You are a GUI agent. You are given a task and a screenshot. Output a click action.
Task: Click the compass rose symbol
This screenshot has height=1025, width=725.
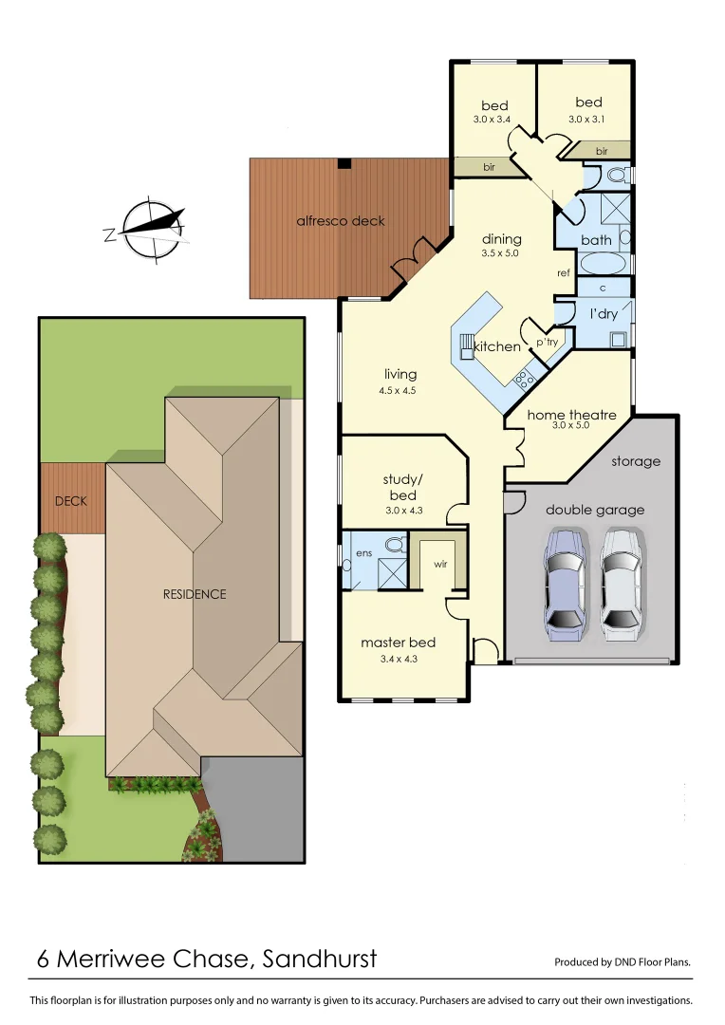[148, 229]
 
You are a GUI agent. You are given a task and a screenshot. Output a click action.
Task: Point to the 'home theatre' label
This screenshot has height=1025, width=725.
[571, 415]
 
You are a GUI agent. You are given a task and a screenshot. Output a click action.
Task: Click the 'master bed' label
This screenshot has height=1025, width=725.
[398, 643]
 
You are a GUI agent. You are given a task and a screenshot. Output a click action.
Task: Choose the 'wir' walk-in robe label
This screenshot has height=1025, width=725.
[440, 564]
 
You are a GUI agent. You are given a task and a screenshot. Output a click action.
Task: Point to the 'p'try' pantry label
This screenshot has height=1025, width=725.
[547, 342]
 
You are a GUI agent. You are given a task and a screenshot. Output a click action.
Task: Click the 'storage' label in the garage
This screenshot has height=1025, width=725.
[635, 461]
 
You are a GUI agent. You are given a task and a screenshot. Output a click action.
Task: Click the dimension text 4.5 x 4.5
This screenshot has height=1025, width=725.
[400, 390]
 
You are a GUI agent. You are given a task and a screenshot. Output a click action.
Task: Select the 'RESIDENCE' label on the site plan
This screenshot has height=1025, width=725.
[195, 594]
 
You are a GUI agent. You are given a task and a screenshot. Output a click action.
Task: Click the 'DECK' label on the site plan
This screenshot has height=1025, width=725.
[70, 500]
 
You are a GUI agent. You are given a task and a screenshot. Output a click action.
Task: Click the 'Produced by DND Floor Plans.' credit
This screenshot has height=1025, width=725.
[623, 961]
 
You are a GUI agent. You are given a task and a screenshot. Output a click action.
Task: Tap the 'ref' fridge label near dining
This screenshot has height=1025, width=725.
[564, 272]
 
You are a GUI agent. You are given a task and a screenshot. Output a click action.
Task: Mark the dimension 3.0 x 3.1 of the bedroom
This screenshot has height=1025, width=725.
[587, 120]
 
